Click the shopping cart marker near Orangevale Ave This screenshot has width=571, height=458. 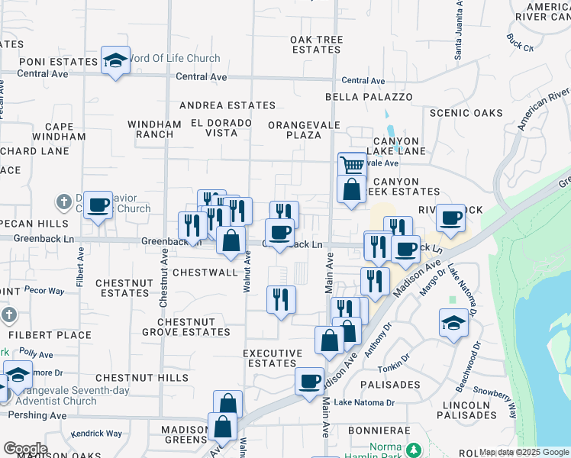point(351,165)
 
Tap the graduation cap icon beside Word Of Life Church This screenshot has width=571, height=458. point(115,60)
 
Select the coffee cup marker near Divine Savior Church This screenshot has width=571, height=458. point(98,205)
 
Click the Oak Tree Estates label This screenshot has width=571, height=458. point(315,44)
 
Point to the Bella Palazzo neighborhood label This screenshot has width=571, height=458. point(369,97)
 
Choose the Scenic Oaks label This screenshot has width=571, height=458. point(466,113)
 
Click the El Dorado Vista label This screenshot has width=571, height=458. point(221,127)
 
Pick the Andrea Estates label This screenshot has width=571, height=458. point(227,105)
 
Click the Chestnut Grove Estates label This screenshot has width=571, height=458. point(185,327)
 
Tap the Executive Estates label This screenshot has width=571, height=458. point(273,358)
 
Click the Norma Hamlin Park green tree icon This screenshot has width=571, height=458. point(415,448)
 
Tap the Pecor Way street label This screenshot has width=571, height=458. point(44,290)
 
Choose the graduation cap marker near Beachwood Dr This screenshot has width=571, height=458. point(453,324)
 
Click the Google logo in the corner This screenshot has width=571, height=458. point(25,449)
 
